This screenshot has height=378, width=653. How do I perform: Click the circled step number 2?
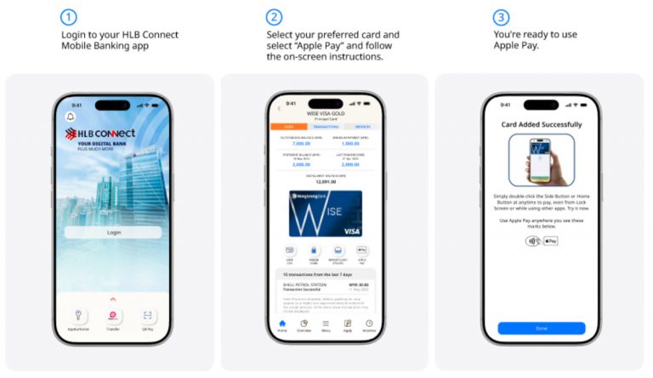click(x=274, y=17)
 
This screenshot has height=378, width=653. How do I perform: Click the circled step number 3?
click(x=501, y=17)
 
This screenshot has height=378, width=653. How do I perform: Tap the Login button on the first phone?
click(x=113, y=232)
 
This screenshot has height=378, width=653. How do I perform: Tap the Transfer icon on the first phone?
click(x=113, y=317)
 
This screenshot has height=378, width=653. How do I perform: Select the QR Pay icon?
click(x=148, y=317)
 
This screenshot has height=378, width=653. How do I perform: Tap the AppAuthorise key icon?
click(x=78, y=317)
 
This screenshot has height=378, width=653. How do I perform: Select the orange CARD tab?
click(x=287, y=126)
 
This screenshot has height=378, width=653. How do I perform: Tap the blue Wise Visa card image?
click(x=326, y=213)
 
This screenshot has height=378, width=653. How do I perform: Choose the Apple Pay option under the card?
click(x=361, y=253)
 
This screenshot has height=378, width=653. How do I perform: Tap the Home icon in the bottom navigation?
click(x=282, y=324)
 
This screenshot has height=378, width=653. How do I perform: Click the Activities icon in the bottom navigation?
click(x=369, y=324)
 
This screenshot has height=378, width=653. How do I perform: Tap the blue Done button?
click(x=541, y=328)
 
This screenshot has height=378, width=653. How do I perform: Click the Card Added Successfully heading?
click(x=541, y=124)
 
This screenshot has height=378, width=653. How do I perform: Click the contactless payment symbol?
click(x=531, y=241)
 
